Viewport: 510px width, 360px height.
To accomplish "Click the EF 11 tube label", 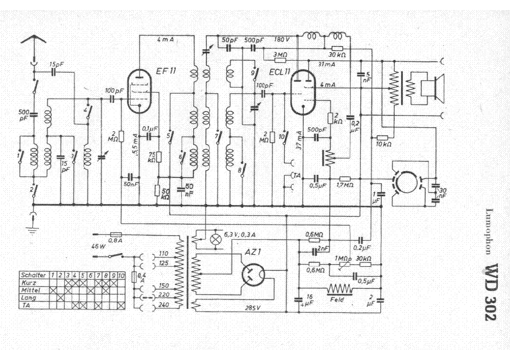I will [166, 71].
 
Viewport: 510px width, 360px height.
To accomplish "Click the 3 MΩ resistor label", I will [280, 55].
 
